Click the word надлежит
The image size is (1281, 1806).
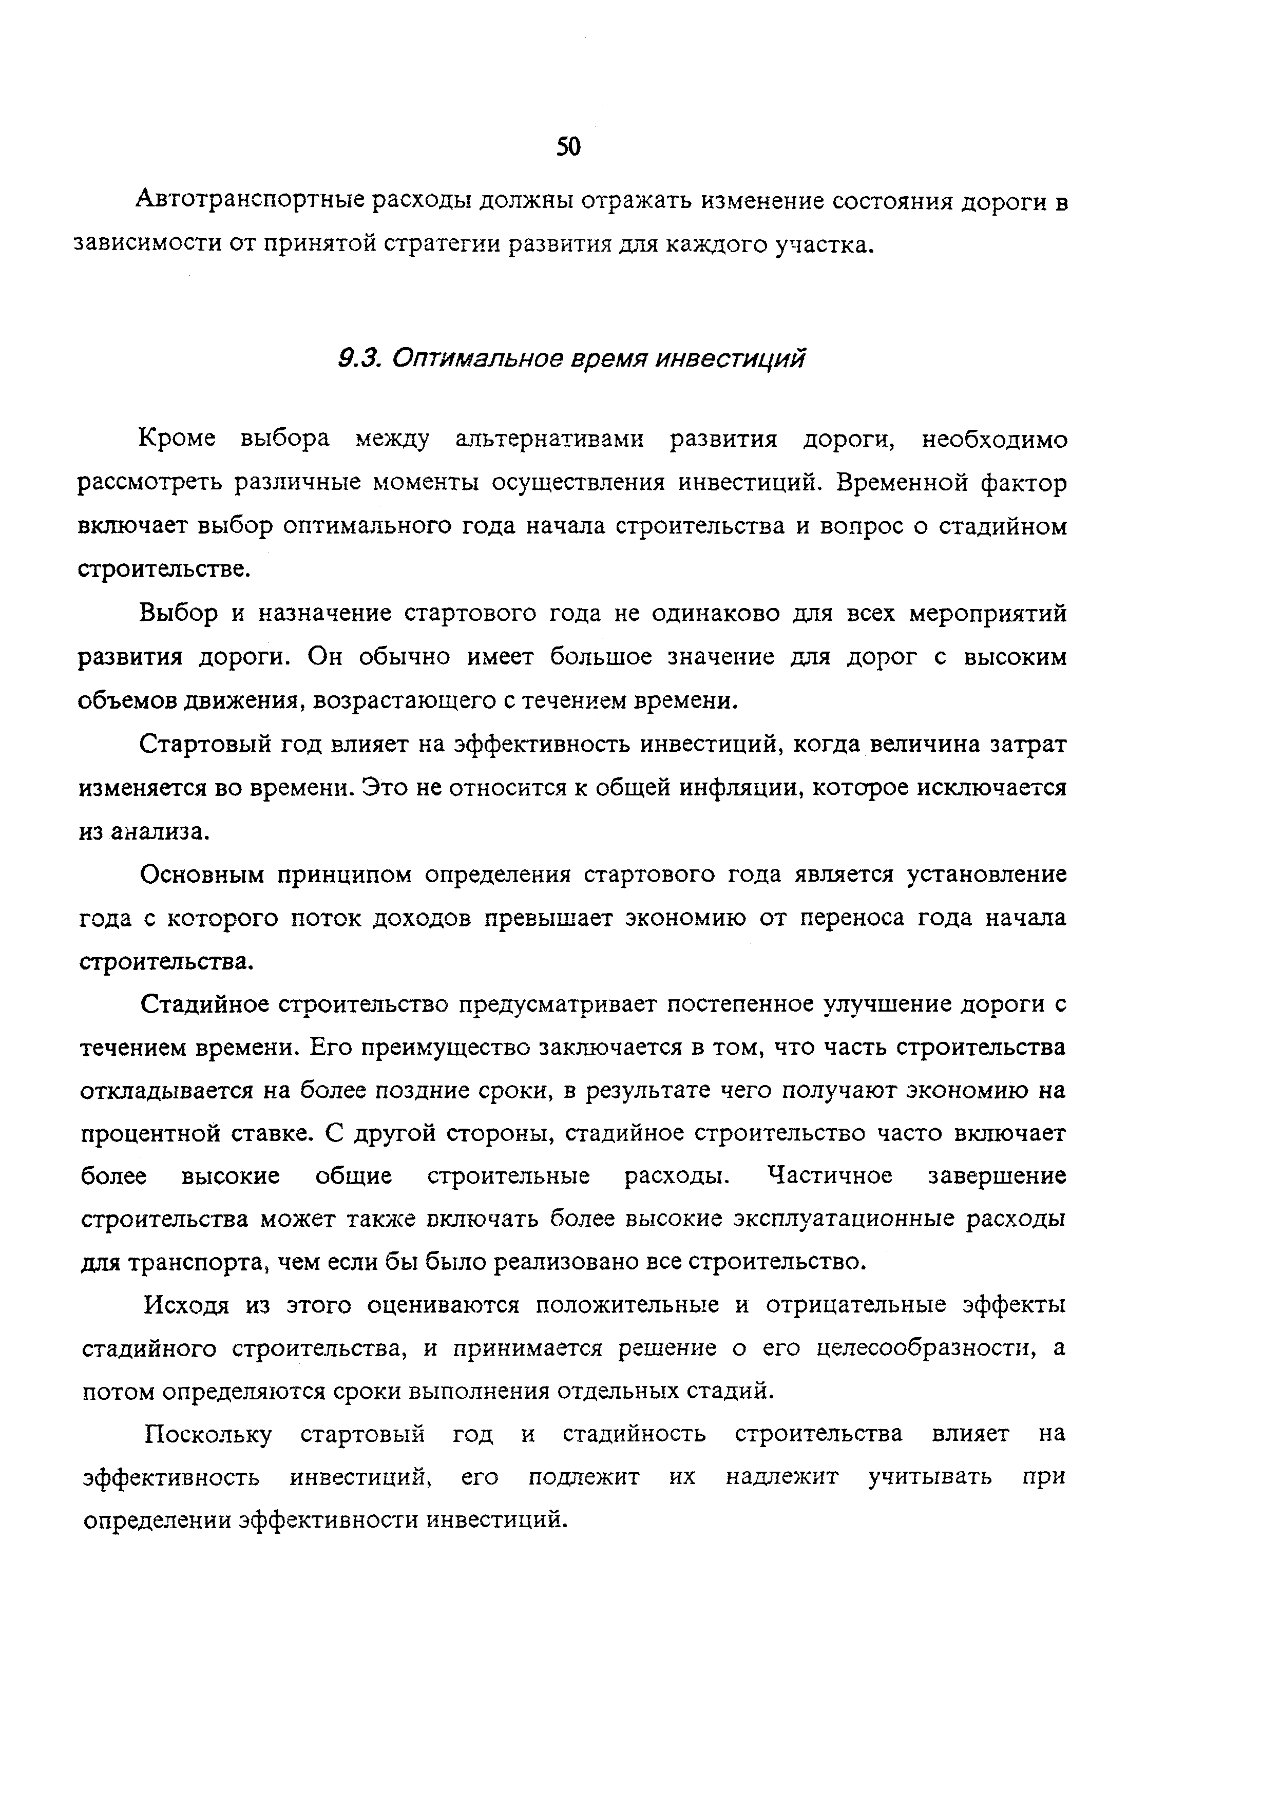(782, 1476)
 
